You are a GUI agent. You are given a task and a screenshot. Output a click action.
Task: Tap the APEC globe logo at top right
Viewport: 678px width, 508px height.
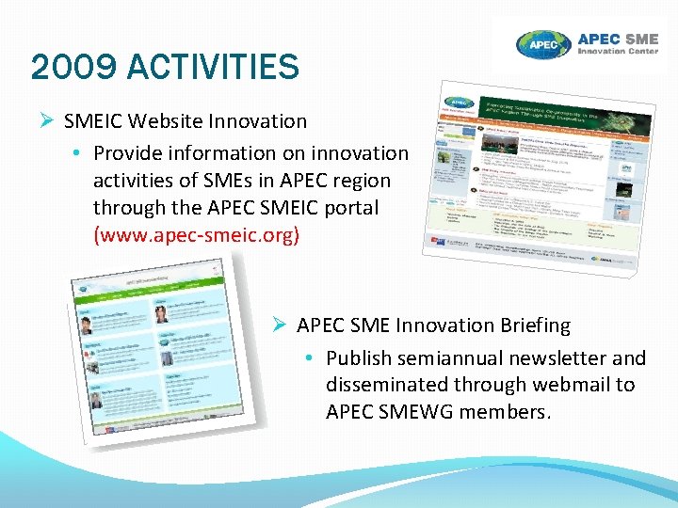click(x=544, y=44)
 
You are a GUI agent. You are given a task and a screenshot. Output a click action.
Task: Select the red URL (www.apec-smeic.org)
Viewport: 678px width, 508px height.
click(x=196, y=233)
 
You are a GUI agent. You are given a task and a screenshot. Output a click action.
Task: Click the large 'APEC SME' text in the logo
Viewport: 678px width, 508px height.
click(x=617, y=40)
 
